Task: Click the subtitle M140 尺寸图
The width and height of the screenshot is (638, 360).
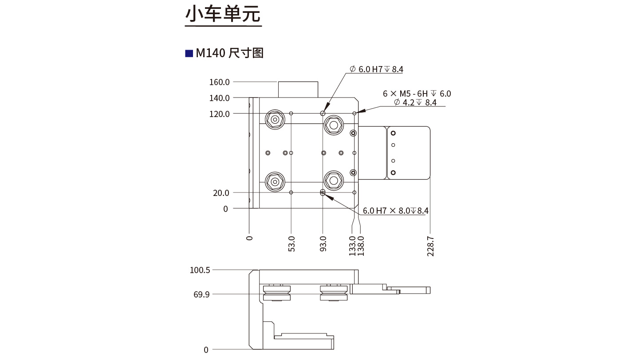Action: point(230,53)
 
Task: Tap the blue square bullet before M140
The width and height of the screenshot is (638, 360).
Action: point(189,53)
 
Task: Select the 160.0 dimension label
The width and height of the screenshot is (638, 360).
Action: point(219,82)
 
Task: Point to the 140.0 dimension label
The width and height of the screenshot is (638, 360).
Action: point(219,98)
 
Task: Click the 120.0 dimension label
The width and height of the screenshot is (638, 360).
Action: point(219,114)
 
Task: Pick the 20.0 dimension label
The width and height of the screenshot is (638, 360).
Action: point(221,193)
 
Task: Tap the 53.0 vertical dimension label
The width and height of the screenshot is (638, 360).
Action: point(291,244)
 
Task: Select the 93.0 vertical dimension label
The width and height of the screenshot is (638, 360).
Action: point(323,244)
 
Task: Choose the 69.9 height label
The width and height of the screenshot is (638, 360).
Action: point(201,294)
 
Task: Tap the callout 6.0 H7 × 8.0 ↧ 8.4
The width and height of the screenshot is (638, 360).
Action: point(395,211)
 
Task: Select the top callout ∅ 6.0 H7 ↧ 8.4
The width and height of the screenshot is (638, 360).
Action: point(376,69)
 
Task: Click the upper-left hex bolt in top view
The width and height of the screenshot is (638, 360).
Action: point(275,119)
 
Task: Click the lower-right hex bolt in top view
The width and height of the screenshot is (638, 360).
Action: point(333,180)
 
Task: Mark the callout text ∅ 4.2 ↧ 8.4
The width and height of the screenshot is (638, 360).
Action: point(415,103)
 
